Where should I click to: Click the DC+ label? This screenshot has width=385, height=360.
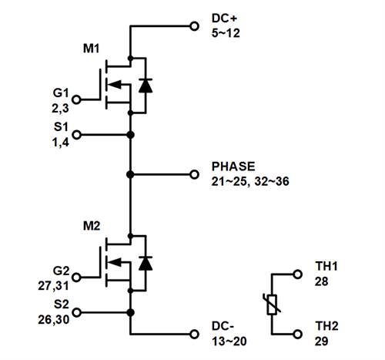(x=224, y=18)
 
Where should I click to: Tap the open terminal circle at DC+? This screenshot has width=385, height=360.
(x=193, y=25)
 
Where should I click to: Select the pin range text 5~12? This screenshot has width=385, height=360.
(x=225, y=32)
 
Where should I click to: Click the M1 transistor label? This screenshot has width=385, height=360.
(x=92, y=49)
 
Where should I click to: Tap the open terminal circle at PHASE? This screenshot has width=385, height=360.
(x=193, y=174)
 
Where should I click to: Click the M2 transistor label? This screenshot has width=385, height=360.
(x=92, y=225)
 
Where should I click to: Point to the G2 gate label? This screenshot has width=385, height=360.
(x=61, y=271)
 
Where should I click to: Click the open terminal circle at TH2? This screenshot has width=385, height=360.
(x=298, y=335)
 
